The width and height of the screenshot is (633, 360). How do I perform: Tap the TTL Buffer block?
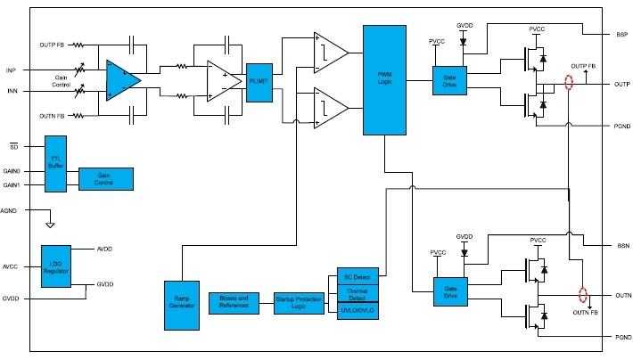click(x=55, y=163)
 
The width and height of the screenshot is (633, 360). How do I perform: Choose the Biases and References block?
click(x=234, y=302)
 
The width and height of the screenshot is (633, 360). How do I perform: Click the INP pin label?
click(x=11, y=70)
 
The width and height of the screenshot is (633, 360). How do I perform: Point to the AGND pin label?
click(x=12, y=211)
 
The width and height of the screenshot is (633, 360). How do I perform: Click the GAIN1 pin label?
click(x=12, y=185)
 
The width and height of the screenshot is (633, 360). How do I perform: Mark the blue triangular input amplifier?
click(x=122, y=79)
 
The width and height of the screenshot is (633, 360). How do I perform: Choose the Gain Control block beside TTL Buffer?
click(x=106, y=178)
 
